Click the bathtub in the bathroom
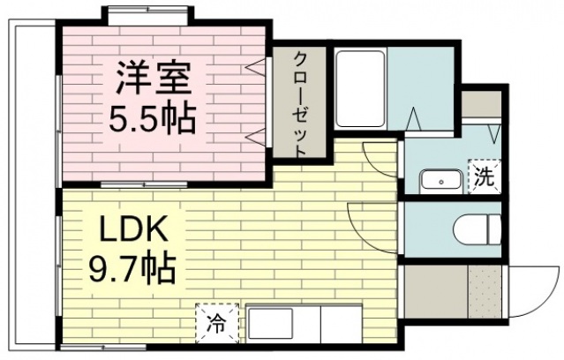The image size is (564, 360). (x=359, y=92)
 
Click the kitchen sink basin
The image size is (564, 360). (x=274, y=324)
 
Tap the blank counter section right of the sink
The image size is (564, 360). (x=341, y=324)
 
